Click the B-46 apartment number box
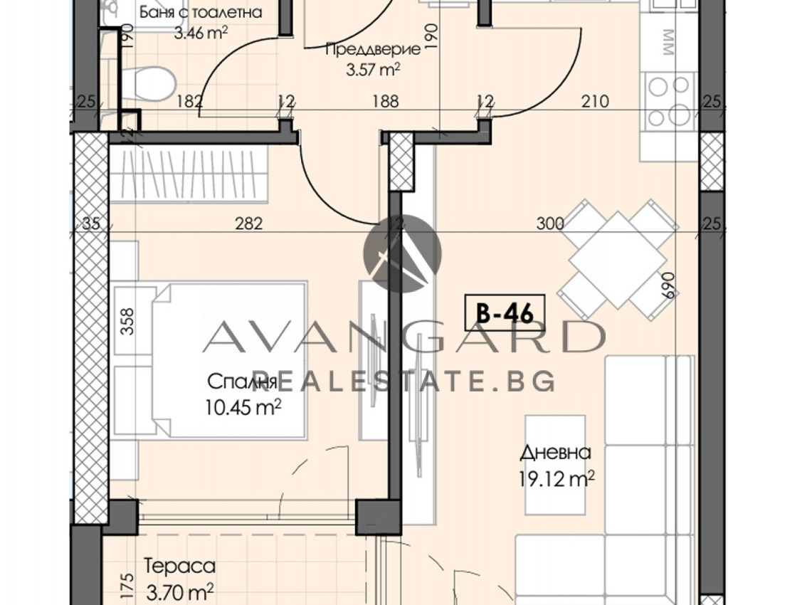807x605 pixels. tap(505, 312)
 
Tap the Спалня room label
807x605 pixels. tap(243, 382)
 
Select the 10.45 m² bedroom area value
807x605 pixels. tap(243, 408)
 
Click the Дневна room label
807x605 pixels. tap(555, 453)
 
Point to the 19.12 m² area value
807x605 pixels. tap(557, 479)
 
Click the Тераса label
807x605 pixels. tap(179, 566)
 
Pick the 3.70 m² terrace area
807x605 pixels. tap(179, 591)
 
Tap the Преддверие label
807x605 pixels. tap(373, 49)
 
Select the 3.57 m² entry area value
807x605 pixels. tap(373, 69)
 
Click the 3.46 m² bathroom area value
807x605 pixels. tap(201, 33)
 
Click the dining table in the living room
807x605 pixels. tap(617, 260)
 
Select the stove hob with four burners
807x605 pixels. tap(669, 102)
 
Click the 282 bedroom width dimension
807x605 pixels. tap(248, 223)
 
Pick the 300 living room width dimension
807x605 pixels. tap(549, 223)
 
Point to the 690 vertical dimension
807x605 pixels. tap(668, 285)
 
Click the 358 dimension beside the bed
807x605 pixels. tap(127, 321)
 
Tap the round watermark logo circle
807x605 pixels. tap(402, 253)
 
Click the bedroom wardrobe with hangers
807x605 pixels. tap(189, 174)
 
